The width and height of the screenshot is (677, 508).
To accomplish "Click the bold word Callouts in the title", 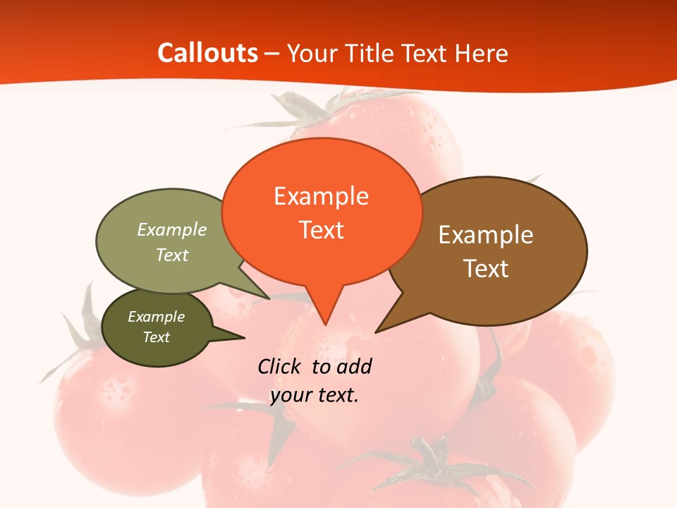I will (207, 53).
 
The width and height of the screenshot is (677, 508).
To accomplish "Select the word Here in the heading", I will (481, 54).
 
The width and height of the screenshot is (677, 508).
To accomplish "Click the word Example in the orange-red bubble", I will (322, 196).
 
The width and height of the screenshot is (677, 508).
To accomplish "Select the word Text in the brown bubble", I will (486, 269).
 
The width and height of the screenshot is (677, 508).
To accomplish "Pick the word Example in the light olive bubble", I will (172, 230).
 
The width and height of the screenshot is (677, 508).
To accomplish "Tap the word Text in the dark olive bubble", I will (157, 337).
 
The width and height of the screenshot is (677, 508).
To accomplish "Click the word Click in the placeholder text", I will (280, 366).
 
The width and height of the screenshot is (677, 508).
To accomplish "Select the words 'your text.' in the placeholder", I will (315, 395).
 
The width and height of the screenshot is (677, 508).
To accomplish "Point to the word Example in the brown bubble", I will (486, 235).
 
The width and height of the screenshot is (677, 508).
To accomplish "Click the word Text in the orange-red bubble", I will (322, 230).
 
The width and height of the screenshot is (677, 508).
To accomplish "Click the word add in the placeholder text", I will (354, 366).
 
